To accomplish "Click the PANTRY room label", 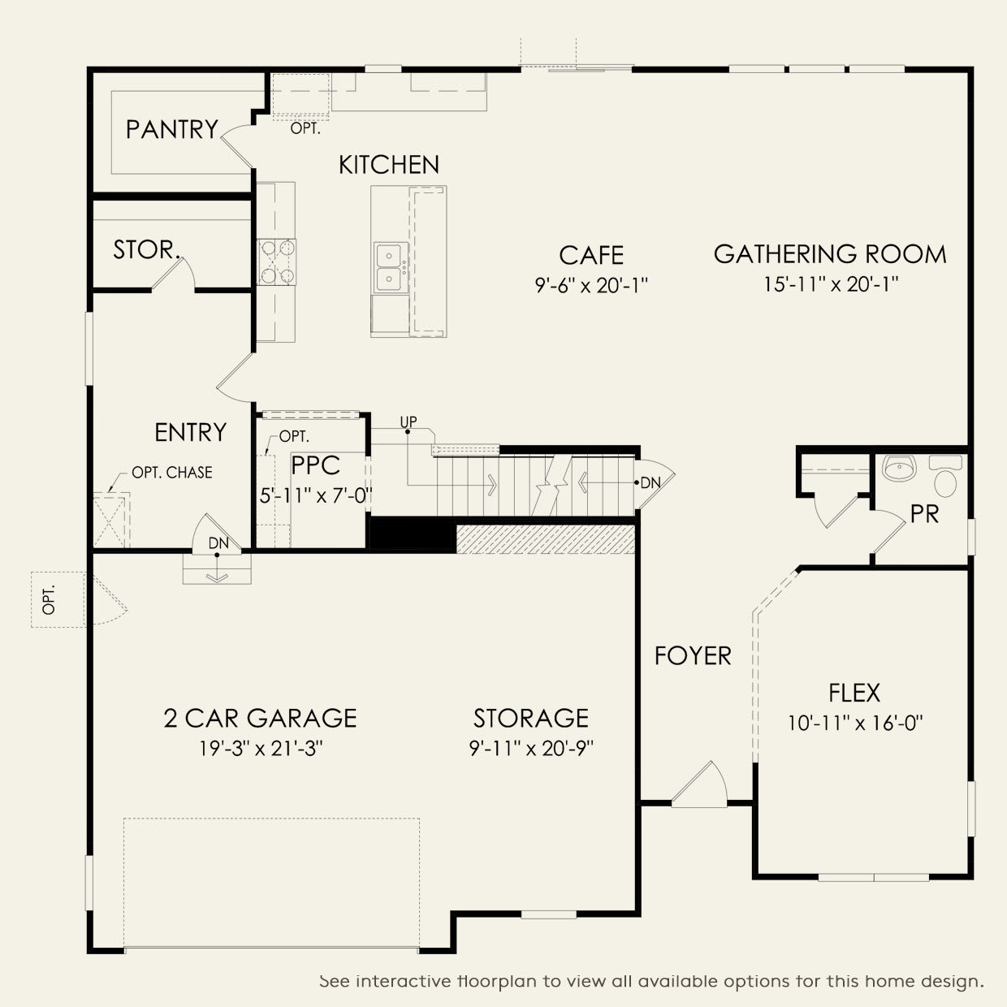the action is coord(172,129).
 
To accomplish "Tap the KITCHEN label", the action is coord(389,165).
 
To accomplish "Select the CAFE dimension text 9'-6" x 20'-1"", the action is coord(591,285).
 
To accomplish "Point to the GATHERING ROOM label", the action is coord(830,254).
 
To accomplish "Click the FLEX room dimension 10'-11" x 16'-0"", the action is coord(855,724).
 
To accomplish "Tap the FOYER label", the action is coord(693,656).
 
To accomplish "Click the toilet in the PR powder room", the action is coord(945,476).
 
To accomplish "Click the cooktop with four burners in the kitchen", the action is coord(276,261).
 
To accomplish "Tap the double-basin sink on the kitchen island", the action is coord(391,268).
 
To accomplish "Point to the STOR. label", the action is coord(147,250).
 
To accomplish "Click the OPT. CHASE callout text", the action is coord(172,473).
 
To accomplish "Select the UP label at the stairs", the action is coord(408,421).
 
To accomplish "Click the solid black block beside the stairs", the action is coord(413,534).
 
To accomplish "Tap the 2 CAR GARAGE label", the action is coord(260,718).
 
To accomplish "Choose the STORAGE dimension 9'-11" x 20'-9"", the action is coord(531,749).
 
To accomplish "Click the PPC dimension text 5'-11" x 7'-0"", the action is coord(316,495).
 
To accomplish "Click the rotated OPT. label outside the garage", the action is coord(49,600).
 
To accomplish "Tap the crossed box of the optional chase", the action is coord(110,521).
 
